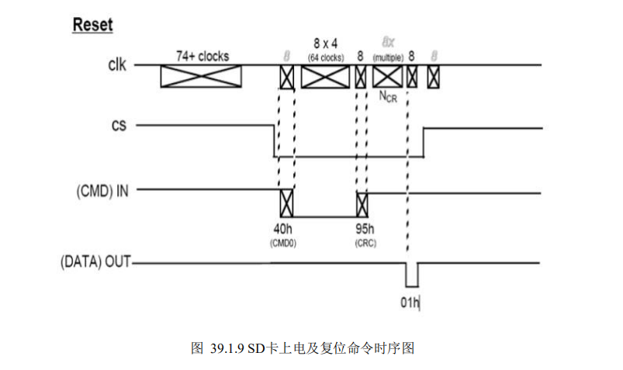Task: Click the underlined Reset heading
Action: click(92, 25)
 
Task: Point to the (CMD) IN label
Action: click(102, 189)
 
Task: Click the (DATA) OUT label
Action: click(95, 263)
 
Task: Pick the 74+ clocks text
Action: click(201, 56)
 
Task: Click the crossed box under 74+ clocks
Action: click(201, 77)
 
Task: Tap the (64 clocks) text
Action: click(325, 57)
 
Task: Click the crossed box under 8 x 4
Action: click(325, 77)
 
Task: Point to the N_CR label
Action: click(387, 96)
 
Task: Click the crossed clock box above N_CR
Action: click(387, 77)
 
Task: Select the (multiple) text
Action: click(387, 58)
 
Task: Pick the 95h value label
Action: click(365, 229)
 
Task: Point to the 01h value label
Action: click(410, 303)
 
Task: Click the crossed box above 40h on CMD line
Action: click(286, 202)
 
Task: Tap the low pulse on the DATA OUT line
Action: click(411, 275)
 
